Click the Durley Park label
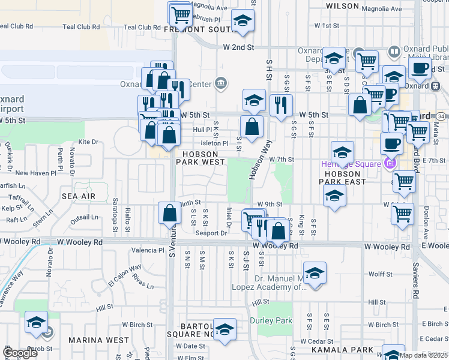point(275,320)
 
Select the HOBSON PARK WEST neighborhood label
point(200,158)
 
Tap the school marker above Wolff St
point(315,273)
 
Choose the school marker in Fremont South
point(242,20)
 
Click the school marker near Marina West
point(37,322)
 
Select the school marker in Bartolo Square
point(225,328)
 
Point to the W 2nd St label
point(238,47)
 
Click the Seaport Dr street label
point(212,233)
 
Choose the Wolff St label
point(380,274)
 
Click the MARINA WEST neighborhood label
point(98,340)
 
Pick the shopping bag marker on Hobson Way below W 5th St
point(252,127)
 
